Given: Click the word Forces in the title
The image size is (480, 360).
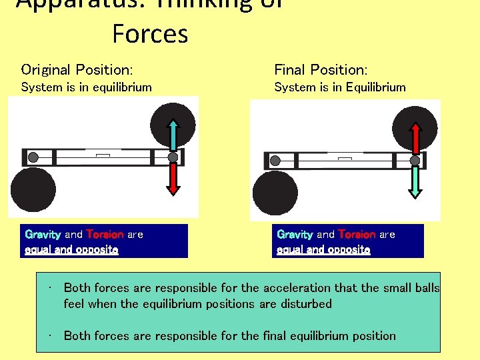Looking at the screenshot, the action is pos(150,33).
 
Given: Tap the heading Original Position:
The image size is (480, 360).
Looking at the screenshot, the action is pos(77,69).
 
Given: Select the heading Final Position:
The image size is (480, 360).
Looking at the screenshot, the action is pos(321,69).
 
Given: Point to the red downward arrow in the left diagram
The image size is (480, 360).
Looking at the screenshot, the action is pos(173,179).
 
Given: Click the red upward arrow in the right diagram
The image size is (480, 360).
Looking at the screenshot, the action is pos(415,139).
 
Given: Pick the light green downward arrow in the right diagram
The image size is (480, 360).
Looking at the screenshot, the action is pos(415,181).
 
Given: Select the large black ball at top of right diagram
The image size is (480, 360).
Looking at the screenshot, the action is pos(415,128).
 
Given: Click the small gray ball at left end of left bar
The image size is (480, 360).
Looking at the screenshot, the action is pos(33,157).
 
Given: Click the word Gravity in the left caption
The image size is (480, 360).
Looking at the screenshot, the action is pos(43,235).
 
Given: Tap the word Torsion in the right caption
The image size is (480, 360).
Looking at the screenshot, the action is pos(357,235).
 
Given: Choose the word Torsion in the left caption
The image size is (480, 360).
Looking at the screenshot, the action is pos(105,235).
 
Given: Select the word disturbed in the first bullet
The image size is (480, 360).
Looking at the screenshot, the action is pos(307,304).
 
